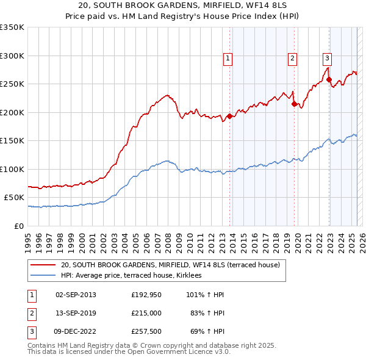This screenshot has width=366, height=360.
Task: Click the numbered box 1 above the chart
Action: click(228, 59)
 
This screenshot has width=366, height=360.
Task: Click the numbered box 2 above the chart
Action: click(293, 59)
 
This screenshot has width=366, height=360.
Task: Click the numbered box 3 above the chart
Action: click(327, 59)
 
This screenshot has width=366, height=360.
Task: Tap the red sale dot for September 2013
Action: click(229, 116)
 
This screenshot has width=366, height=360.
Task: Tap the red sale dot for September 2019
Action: click(294, 104)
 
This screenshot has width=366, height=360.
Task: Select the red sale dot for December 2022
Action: click(329, 79)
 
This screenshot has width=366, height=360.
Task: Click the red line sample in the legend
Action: click(43, 265)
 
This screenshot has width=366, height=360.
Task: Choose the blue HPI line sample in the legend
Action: click(43, 275)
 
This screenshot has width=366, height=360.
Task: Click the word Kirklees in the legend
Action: click(195, 275)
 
